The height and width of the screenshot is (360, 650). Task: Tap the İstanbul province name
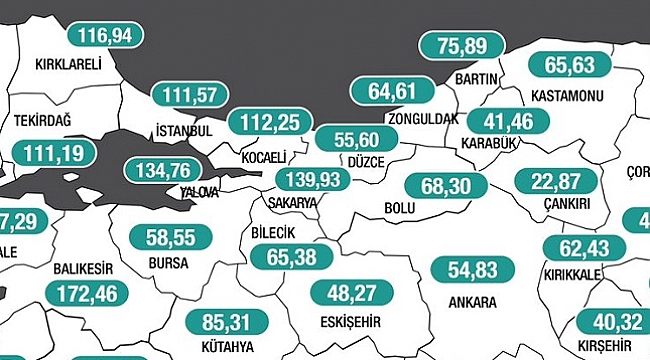pos(184,131)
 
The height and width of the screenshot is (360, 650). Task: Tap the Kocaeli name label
pos(264,158)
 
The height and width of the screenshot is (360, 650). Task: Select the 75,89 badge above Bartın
pos(459,47)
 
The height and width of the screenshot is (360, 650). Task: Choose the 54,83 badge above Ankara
pos(472,269)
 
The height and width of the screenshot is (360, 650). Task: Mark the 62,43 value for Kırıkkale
pos(583,247)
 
